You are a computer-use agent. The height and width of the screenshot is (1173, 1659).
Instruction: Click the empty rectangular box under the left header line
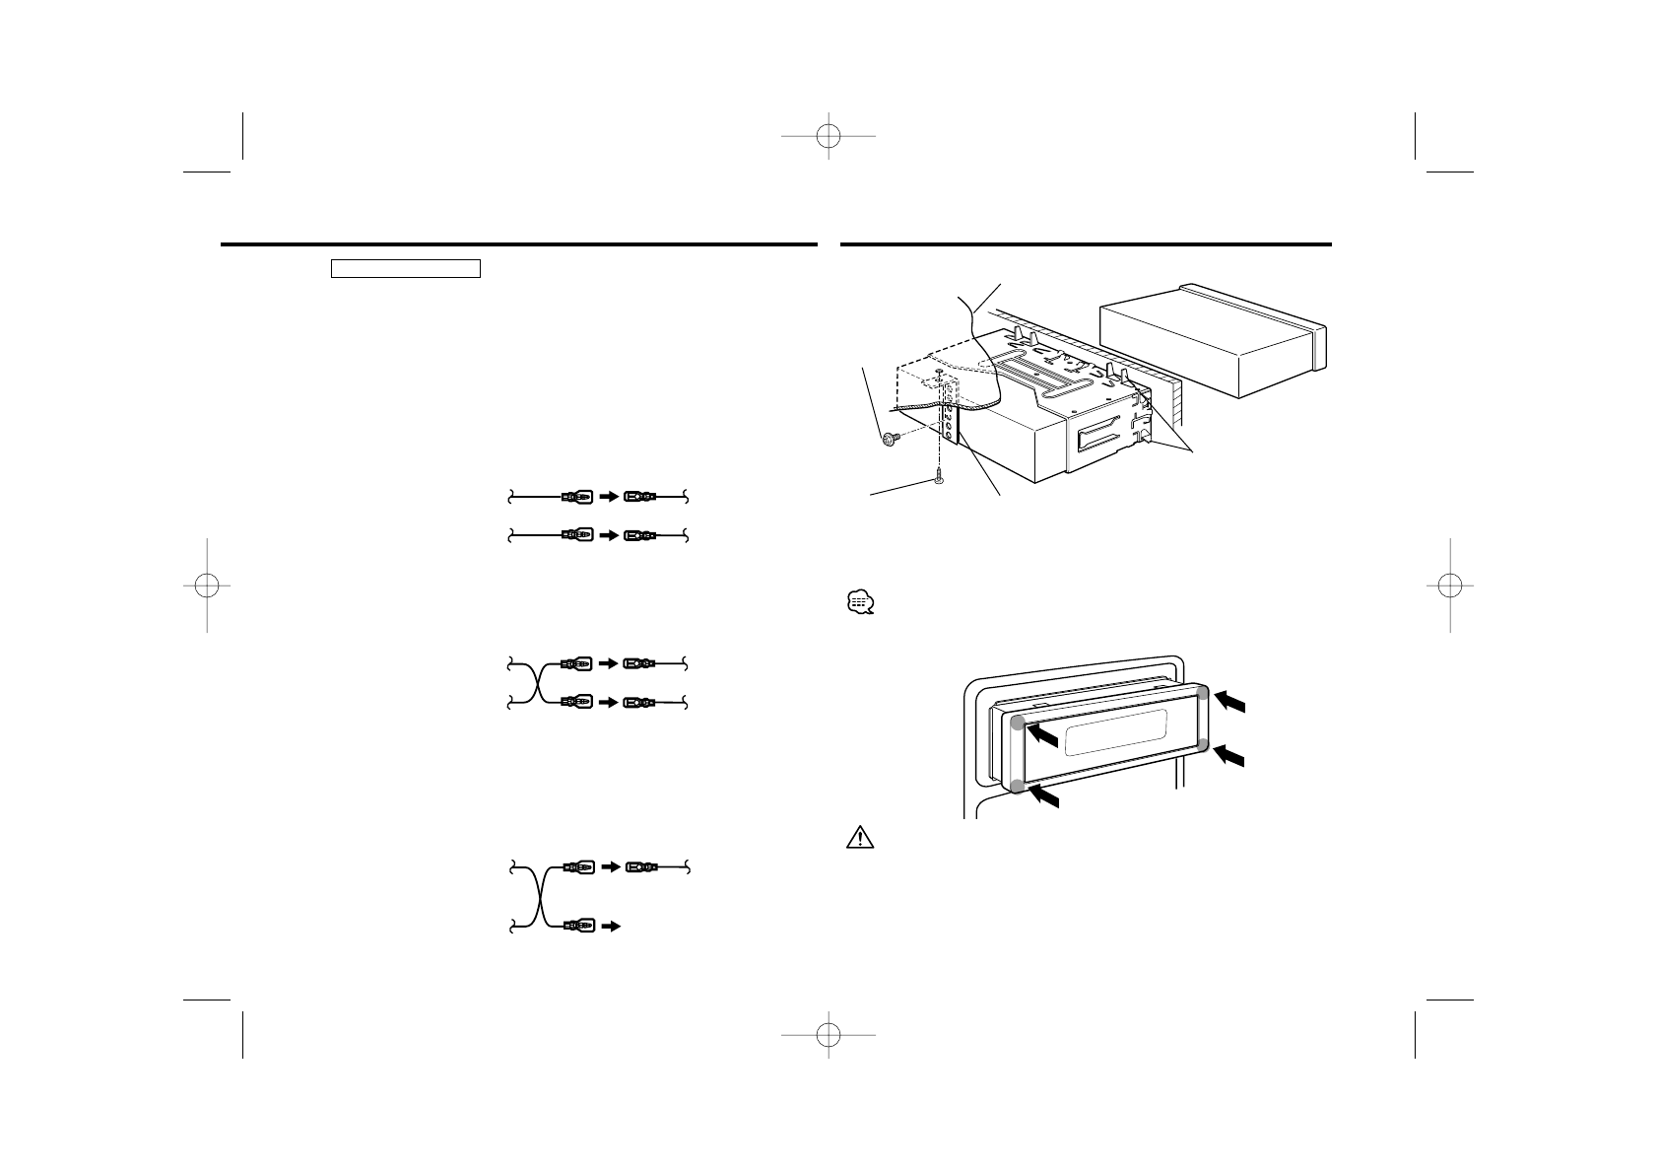(x=405, y=269)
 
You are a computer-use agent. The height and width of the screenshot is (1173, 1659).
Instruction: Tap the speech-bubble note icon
(x=859, y=602)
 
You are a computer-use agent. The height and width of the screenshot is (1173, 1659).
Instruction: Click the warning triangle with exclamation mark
(x=860, y=838)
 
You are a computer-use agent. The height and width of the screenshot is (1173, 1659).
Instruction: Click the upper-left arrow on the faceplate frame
(x=1043, y=735)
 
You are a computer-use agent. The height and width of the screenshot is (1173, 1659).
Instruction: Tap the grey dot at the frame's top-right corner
(x=1202, y=693)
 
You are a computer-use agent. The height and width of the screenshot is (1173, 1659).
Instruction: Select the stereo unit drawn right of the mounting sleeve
(x=1212, y=340)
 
